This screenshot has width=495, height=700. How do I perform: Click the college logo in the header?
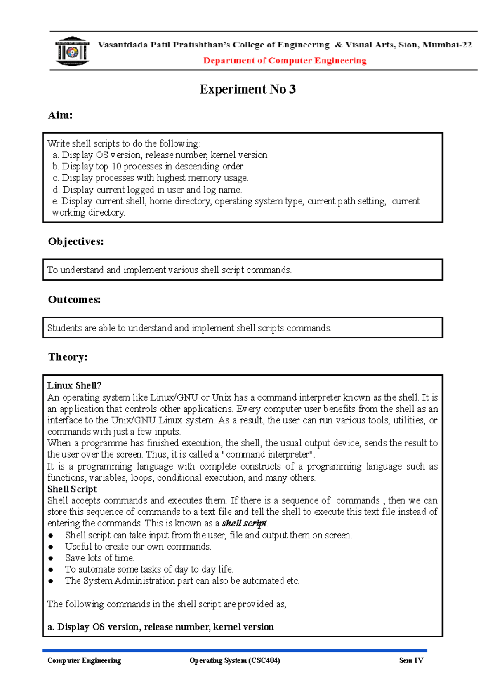pyautogui.click(x=73, y=52)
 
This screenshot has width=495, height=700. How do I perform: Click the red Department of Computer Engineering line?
pyautogui.click(x=285, y=61)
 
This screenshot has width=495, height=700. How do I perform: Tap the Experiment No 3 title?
pyautogui.click(x=247, y=89)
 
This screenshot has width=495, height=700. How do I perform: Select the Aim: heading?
pyautogui.click(x=60, y=115)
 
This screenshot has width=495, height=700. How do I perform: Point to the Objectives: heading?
pyautogui.click(x=76, y=241)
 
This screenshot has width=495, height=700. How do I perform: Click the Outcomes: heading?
pyautogui.click(x=74, y=299)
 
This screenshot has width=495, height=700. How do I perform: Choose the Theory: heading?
pyautogui.click(x=68, y=357)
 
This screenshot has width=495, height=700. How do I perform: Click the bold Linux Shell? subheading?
pyautogui.click(x=74, y=385)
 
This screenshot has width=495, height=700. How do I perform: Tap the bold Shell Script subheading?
pyautogui.click(x=72, y=489)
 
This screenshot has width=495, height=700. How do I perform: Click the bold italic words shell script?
pyautogui.click(x=244, y=523)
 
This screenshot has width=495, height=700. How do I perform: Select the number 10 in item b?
pyautogui.click(x=116, y=167)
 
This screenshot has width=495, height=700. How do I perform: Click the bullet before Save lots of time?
pyautogui.click(x=51, y=558)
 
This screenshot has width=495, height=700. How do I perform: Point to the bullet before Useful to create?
pyautogui.click(x=51, y=547)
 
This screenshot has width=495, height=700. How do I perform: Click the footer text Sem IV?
pyautogui.click(x=411, y=660)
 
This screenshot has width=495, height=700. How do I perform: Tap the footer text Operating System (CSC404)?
pyautogui.click(x=235, y=660)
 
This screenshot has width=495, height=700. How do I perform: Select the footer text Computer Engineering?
pyautogui.click(x=84, y=660)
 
